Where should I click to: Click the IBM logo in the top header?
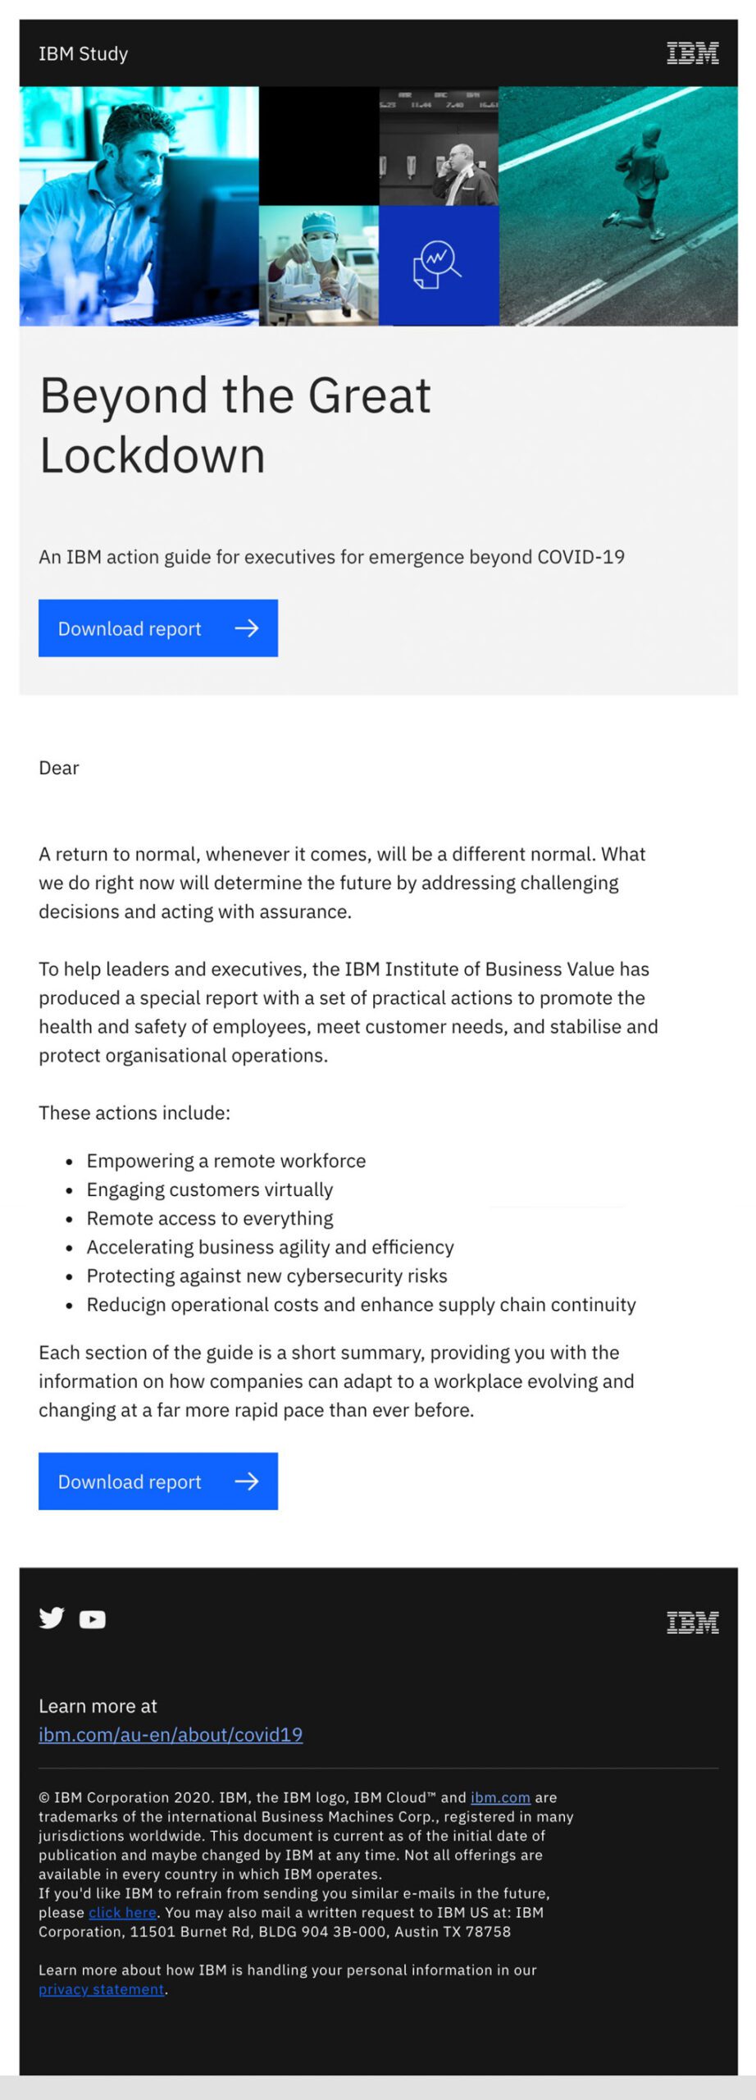tap(692, 53)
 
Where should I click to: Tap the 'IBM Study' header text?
tap(83, 54)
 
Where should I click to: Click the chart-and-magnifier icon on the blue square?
tap(437, 263)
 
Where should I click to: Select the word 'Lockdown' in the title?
tap(153, 456)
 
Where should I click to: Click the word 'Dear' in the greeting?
tap(59, 768)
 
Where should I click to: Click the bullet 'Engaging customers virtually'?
tap(210, 1189)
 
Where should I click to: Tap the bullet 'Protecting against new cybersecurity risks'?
tap(266, 1276)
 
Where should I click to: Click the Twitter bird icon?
tap(52, 1618)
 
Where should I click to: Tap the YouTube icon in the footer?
tap(93, 1619)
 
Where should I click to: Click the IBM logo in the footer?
tap(692, 1622)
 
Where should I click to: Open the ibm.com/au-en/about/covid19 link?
tap(171, 1734)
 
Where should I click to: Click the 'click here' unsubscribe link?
tap(122, 1912)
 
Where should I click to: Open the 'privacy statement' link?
tap(102, 1988)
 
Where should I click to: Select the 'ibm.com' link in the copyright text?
tap(500, 1797)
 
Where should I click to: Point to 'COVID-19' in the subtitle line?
tap(581, 557)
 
